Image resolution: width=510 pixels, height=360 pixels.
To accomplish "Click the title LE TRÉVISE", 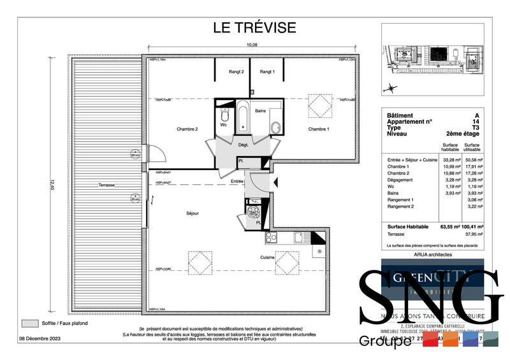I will coord(254,27).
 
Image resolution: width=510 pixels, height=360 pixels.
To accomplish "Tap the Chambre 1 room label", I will coord(319,129).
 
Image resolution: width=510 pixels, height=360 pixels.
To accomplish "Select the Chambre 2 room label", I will coord(187,129).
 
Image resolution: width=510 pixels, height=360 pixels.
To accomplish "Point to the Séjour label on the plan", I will coord(193,213).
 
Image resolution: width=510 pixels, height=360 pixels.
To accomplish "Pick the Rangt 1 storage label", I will coord(267,72).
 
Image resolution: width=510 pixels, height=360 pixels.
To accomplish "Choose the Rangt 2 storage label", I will coord(237,72).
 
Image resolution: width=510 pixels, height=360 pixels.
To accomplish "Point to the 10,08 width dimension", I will coord(252,45).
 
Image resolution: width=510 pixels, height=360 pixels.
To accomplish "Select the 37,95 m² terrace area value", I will coord(472,233).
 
